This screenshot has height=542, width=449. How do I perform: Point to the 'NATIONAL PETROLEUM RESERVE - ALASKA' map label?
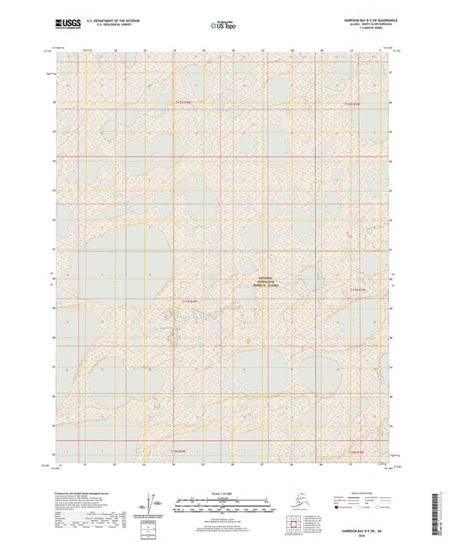(273, 281)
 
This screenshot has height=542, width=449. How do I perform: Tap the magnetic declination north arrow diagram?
(150, 500)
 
